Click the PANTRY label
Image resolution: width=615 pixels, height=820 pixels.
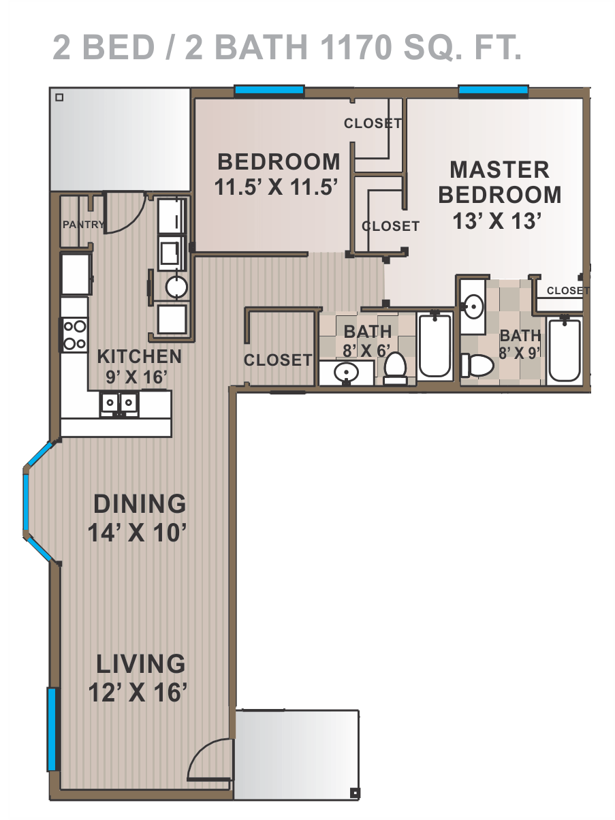[x=83, y=224]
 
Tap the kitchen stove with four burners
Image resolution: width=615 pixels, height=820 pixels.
[x=75, y=334]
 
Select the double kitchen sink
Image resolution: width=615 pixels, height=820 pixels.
[x=119, y=403]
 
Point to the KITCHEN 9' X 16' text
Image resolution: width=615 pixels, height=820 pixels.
[x=139, y=367]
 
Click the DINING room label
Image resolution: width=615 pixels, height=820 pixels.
[x=140, y=503]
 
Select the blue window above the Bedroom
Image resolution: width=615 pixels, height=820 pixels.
[x=269, y=90]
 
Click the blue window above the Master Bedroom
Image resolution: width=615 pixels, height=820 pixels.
[x=493, y=90]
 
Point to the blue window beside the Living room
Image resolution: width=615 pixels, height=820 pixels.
[x=52, y=729]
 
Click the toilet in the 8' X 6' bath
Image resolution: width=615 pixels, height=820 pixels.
[x=396, y=368]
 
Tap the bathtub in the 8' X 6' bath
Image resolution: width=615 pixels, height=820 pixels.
[x=435, y=345]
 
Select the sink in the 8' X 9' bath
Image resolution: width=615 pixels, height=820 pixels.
[x=473, y=306]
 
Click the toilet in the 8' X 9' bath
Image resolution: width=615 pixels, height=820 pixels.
[x=477, y=365]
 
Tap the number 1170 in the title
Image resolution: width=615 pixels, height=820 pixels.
[x=356, y=47]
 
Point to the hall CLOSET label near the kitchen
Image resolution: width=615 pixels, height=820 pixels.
[x=278, y=360]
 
